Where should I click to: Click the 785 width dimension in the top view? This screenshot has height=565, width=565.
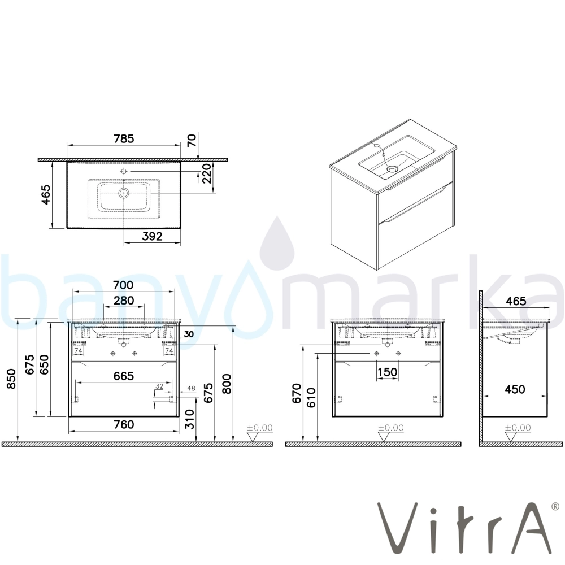tap(124, 138)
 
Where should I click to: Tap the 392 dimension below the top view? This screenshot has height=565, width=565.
tap(152, 236)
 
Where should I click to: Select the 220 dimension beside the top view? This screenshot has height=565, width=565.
tap(206, 173)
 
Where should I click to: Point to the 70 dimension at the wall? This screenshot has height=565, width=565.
tap(192, 140)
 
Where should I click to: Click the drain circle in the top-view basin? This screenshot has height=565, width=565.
tap(124, 193)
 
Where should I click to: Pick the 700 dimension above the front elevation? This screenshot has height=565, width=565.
tap(123, 285)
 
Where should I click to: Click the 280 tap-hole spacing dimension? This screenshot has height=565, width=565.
tap(124, 300)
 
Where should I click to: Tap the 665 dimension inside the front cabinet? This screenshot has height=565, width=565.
tap(124, 376)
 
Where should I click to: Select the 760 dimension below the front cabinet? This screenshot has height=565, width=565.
tap(124, 424)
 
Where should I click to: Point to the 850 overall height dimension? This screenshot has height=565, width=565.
tap(11, 379)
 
